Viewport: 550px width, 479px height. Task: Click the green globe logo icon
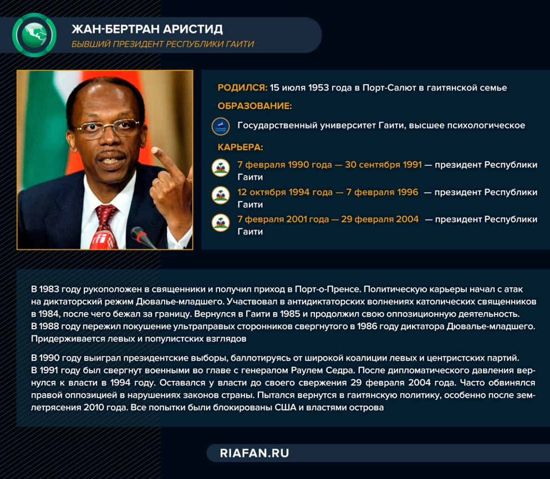click(x=34, y=35)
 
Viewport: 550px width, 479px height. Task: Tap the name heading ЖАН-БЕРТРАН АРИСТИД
click(x=147, y=29)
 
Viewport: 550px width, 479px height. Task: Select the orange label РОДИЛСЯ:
click(x=242, y=88)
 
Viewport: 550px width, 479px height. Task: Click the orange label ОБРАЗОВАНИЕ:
click(x=254, y=106)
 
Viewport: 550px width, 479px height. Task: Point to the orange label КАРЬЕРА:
click(x=240, y=147)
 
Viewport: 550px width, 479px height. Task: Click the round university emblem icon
click(x=221, y=126)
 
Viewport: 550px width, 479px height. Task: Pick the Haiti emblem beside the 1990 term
click(x=221, y=167)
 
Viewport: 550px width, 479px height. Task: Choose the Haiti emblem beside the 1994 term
click(x=221, y=195)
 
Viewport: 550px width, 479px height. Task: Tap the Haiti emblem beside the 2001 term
click(x=221, y=223)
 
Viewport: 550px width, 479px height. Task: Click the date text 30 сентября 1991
click(x=383, y=165)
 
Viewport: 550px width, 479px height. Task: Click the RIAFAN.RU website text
click(x=254, y=453)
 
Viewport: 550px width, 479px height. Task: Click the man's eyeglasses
click(x=108, y=128)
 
